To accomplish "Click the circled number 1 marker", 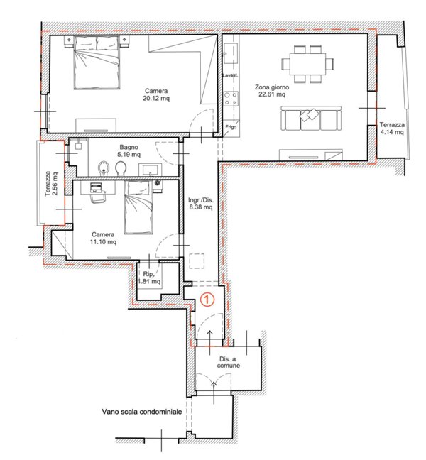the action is coord(207,300).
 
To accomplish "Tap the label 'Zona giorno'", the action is coord(272,87).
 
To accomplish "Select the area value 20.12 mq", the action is coord(156,98).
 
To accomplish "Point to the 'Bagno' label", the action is coord(129,147).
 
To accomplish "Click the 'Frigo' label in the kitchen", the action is coord(231,127).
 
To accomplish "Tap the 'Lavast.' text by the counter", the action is coord(230,75).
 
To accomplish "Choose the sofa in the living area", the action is coord(311,118).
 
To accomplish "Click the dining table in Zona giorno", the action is coord(307,64).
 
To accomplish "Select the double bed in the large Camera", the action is coord(97,62).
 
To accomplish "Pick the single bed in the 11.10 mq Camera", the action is coord(138,207).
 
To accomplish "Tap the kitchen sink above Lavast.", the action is coord(231,53).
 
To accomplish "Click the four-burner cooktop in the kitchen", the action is coord(231,99).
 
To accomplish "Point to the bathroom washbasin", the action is coord(150,170).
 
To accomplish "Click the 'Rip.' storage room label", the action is coord(148,274).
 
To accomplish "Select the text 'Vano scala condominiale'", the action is coord(142,412).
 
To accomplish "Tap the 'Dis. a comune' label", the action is coord(228,362).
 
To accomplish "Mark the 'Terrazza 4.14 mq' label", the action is coord(392,128).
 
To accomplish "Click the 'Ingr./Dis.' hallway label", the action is coord(201,201).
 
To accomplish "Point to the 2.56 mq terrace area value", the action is coord(55,184).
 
